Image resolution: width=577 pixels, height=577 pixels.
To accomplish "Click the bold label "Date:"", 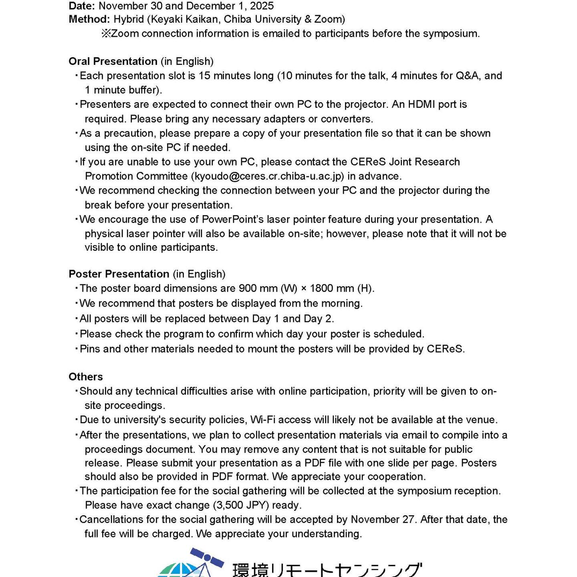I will click(82, 6).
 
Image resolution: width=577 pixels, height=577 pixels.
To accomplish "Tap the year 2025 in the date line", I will click(262, 6).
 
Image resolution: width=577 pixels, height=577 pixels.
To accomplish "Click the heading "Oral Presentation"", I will click(113, 61).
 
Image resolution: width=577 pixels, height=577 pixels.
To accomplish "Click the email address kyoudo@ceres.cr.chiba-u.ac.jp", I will click(267, 176).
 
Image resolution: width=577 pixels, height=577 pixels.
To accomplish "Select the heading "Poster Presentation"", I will click(119, 274).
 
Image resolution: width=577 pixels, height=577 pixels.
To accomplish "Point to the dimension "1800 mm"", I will click(331, 288).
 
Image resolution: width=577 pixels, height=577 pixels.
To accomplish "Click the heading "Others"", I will click(85, 377).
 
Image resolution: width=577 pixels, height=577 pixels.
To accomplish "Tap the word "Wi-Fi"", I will click(263, 420).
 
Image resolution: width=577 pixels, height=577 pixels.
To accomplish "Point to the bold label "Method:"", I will click(89, 19).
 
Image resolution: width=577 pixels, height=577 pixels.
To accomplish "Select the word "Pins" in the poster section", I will click(90, 349).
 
